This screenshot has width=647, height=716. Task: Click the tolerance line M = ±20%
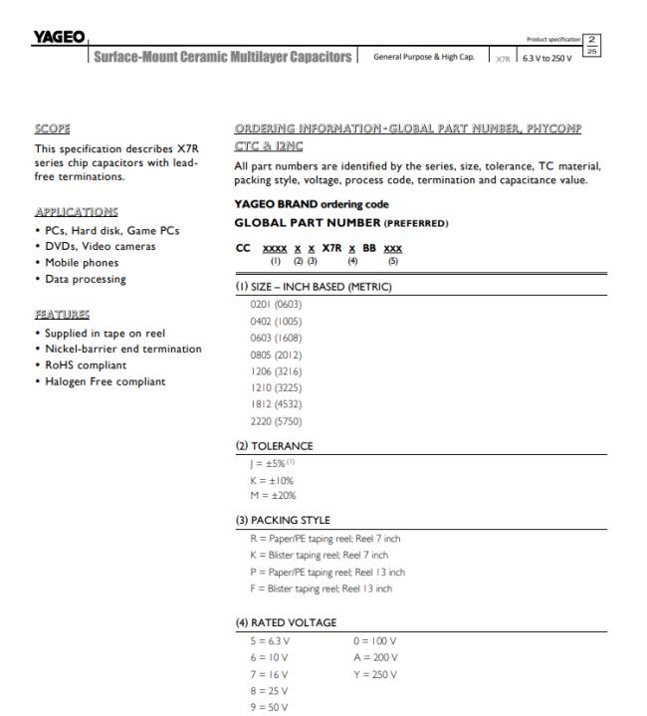[x=273, y=495]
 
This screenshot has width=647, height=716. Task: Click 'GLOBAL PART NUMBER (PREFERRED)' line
[x=325, y=221]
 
